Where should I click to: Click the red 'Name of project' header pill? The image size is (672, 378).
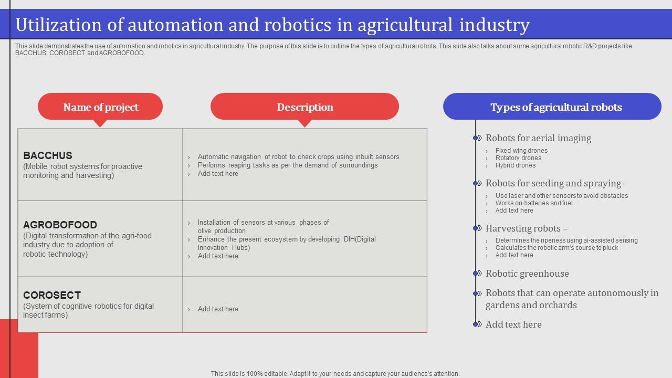tap(100, 107)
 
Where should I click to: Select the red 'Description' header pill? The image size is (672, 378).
tap(304, 107)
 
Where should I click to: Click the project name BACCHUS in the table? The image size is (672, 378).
tap(48, 155)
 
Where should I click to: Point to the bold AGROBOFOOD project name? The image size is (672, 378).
tap(60, 225)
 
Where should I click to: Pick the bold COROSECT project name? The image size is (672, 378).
tap(52, 295)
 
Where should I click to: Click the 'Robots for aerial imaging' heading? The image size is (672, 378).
tap(538, 138)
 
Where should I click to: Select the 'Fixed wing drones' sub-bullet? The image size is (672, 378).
tap(521, 151)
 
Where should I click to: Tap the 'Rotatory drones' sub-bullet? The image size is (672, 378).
tap(518, 158)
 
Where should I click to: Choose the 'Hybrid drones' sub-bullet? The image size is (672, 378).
tap(516, 165)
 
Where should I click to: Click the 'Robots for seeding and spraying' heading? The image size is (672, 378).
tap(556, 183)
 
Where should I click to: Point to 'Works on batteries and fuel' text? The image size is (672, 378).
tap(534, 203)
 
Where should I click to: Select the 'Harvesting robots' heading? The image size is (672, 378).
tap(526, 228)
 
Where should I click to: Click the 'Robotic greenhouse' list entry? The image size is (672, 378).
tap(527, 274)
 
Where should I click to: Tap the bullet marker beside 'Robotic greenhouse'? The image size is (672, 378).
tap(476, 274)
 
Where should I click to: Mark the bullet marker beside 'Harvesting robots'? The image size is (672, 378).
tap(476, 228)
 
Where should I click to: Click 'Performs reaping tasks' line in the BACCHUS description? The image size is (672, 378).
tap(288, 165)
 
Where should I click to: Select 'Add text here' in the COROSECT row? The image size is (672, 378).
tap(218, 309)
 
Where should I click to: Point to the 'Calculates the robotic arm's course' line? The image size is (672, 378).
tap(556, 248)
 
